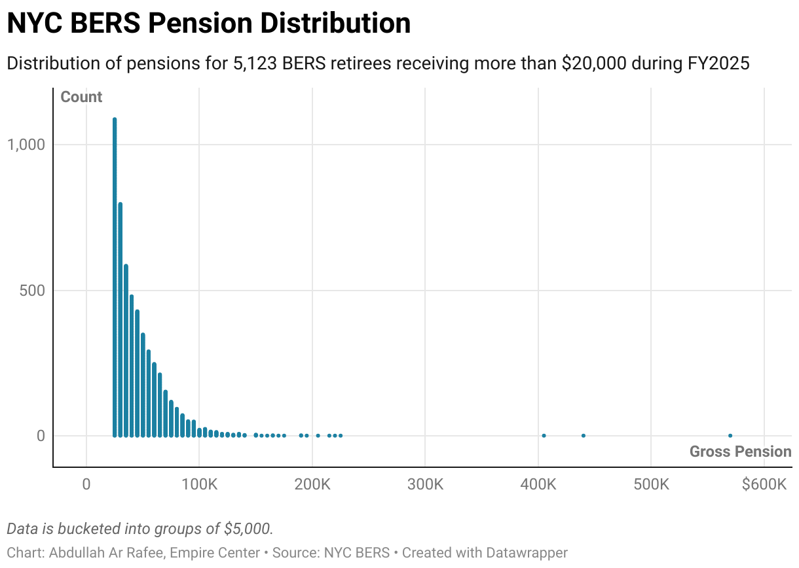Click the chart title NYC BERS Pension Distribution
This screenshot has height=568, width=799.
pos(208,24)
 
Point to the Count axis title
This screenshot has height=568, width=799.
pos(81,97)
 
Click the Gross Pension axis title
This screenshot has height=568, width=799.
pos(740,452)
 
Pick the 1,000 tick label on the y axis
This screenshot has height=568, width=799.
pos(26,145)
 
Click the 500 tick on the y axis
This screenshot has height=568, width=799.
pos(31,291)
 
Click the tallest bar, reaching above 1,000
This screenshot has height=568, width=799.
pos(115,275)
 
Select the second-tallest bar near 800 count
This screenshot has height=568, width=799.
pos(121,321)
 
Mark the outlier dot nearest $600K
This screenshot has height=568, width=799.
pos(730,436)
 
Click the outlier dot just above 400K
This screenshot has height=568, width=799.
pos(544,436)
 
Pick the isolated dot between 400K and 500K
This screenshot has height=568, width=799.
pos(584,436)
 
